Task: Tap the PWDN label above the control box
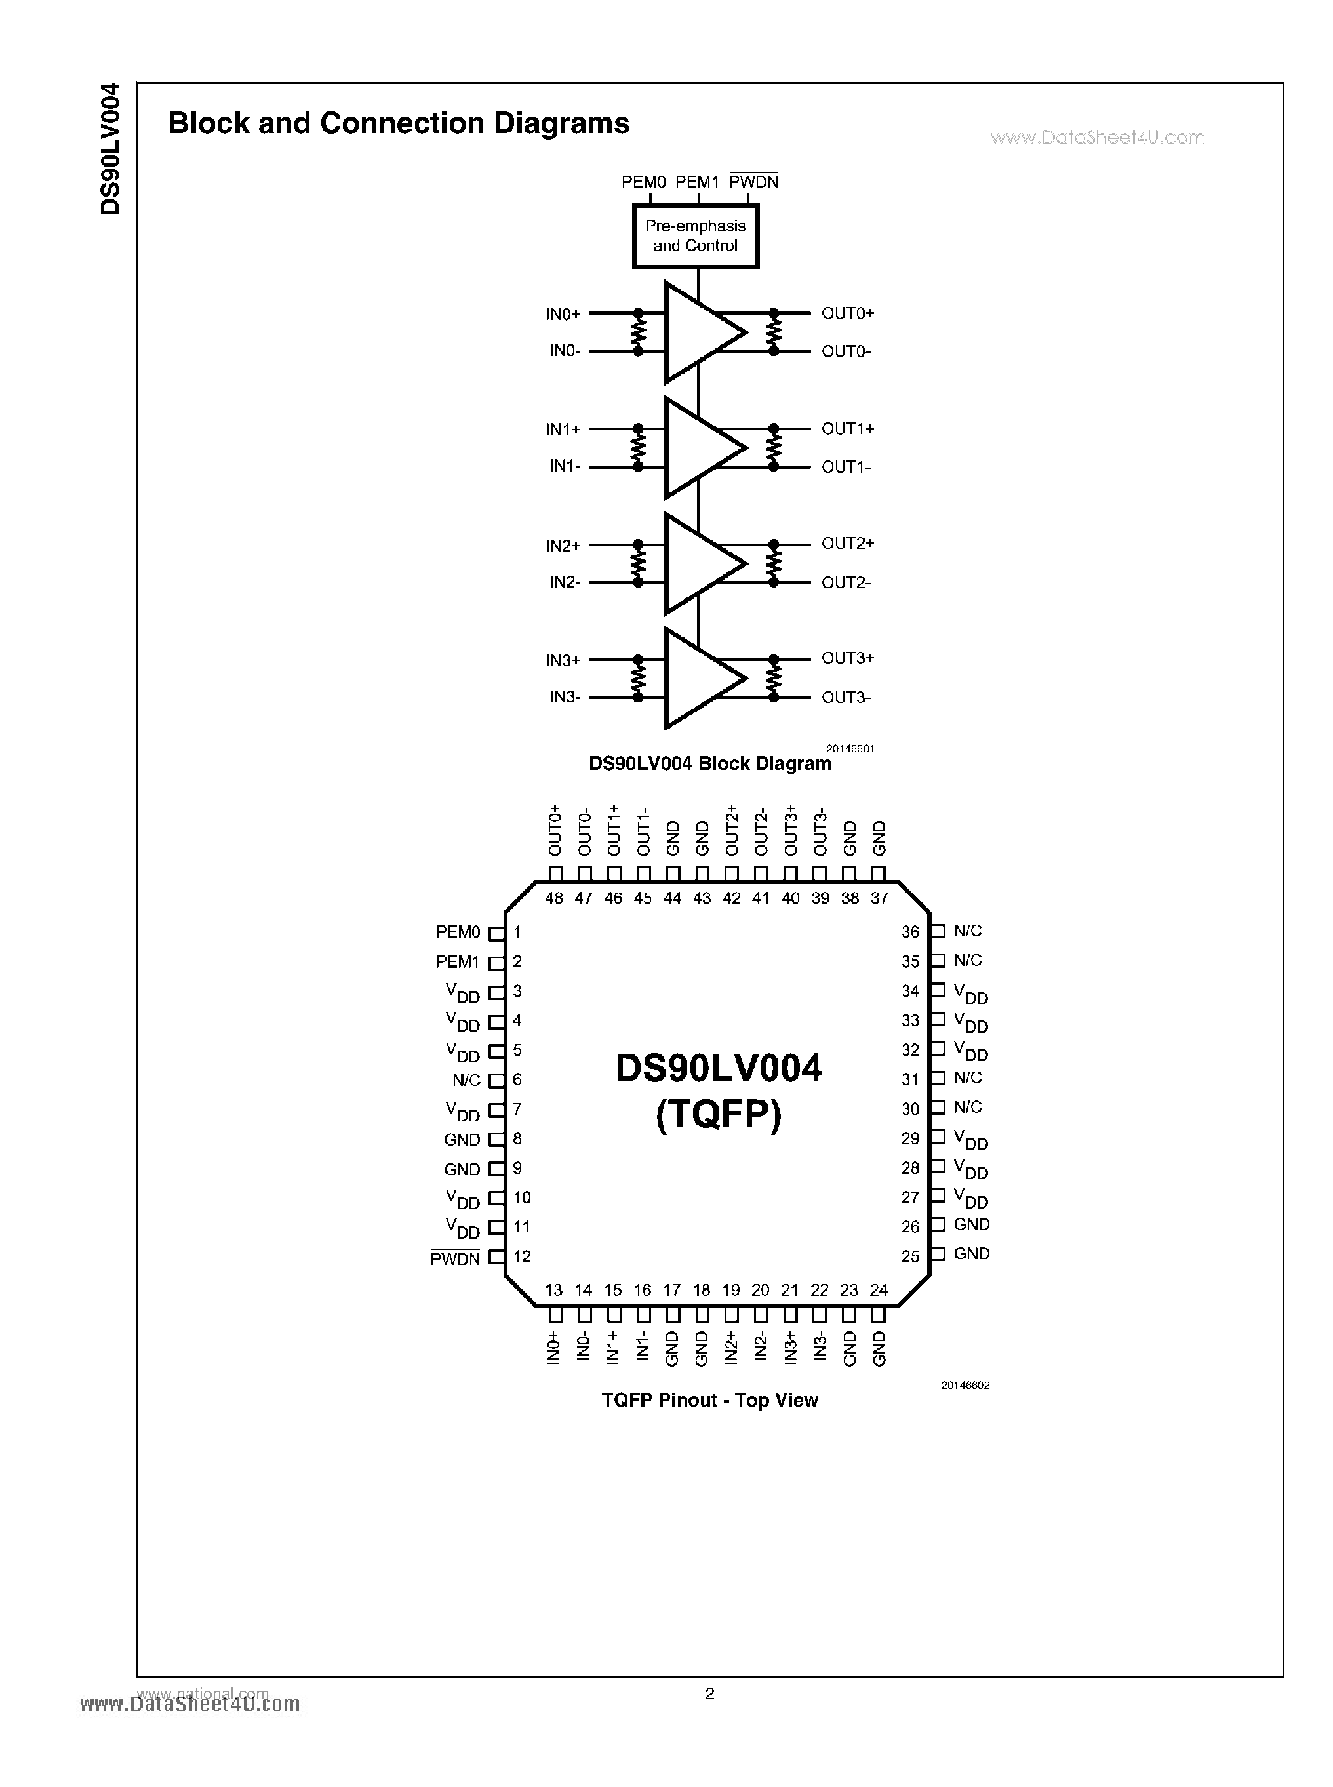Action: point(753,182)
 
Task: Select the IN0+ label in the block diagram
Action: point(563,314)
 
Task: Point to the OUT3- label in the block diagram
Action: point(846,697)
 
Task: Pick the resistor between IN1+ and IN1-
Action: point(638,447)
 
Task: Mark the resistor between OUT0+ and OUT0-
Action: point(774,332)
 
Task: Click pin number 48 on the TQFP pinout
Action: point(553,898)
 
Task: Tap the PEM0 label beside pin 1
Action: point(458,933)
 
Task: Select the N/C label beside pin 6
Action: point(466,1080)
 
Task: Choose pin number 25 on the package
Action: point(910,1256)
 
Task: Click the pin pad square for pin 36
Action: point(938,931)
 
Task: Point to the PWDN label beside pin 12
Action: point(455,1259)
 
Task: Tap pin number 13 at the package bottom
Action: point(553,1291)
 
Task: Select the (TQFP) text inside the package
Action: point(718,1116)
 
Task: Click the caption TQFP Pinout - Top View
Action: point(709,1400)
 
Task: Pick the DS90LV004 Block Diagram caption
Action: point(709,763)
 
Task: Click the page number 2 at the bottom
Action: point(709,1693)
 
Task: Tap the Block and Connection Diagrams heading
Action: point(399,123)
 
